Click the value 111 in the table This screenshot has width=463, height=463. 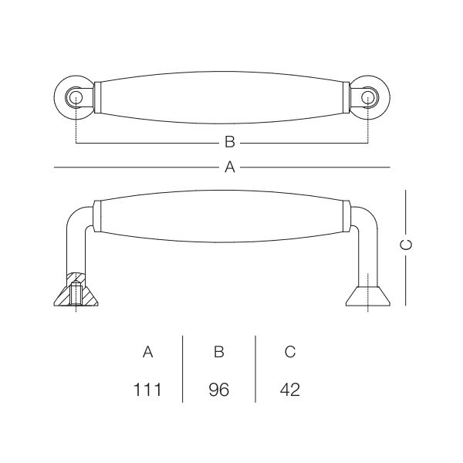(147, 390)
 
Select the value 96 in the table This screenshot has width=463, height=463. (219, 390)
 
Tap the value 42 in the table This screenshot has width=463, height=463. (290, 390)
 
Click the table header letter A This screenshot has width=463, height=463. (147, 352)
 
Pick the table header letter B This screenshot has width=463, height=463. (219, 352)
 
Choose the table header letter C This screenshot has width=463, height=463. (290, 352)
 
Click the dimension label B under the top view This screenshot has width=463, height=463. (230, 142)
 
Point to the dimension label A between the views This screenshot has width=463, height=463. (230, 167)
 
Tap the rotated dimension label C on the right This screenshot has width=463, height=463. (406, 245)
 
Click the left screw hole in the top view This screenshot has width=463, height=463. (76, 97)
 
